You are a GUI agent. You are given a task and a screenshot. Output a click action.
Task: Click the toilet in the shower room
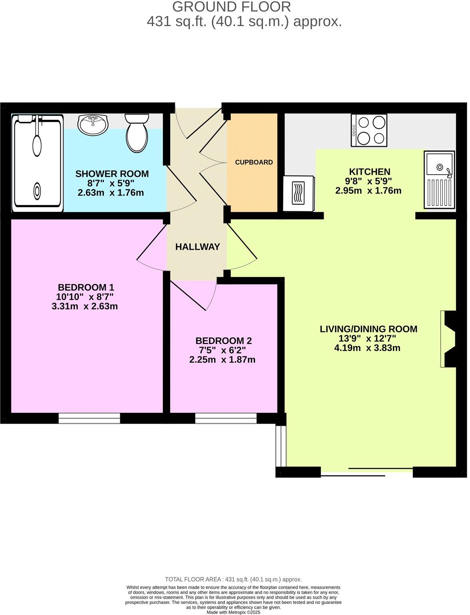(137, 133)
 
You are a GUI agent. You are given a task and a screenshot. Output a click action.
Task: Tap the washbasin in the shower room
(93, 125)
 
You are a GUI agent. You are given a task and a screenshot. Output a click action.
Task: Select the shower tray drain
(37, 191)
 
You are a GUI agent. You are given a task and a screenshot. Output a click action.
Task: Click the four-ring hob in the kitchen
(370, 130)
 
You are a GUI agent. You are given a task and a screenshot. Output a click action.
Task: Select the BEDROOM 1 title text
(86, 288)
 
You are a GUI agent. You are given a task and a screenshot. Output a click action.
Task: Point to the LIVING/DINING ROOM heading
(370, 330)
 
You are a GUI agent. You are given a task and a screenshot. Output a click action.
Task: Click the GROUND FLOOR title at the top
(232, 7)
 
